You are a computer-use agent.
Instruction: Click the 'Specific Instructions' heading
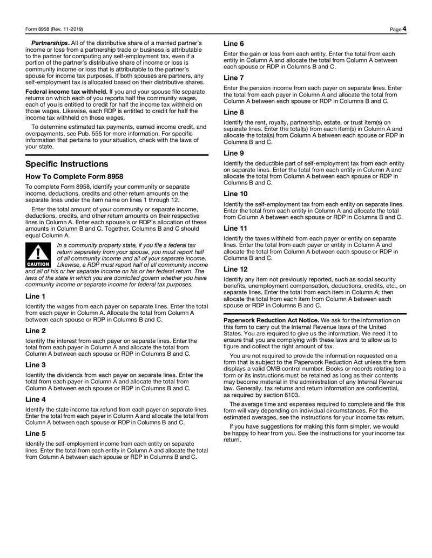[x=66, y=164]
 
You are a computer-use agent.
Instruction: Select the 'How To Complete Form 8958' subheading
[x=74, y=176]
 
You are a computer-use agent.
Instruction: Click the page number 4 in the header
[x=404, y=29]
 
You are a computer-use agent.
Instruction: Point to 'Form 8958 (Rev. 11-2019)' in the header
[x=54, y=29]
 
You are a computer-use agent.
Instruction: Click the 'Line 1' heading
[x=35, y=297]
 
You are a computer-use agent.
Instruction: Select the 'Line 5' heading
[x=35, y=433]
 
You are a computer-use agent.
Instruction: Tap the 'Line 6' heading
[x=233, y=43]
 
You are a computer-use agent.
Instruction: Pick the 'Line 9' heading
[x=233, y=153]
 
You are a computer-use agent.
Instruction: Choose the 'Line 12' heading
[x=235, y=269]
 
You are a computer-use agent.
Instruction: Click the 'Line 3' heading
[x=35, y=365]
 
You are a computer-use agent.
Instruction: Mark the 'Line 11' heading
[x=235, y=228]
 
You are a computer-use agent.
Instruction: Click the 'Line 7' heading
[x=233, y=78]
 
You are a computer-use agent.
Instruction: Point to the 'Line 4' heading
[x=35, y=399]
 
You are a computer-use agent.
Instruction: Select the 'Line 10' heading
[x=235, y=194]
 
